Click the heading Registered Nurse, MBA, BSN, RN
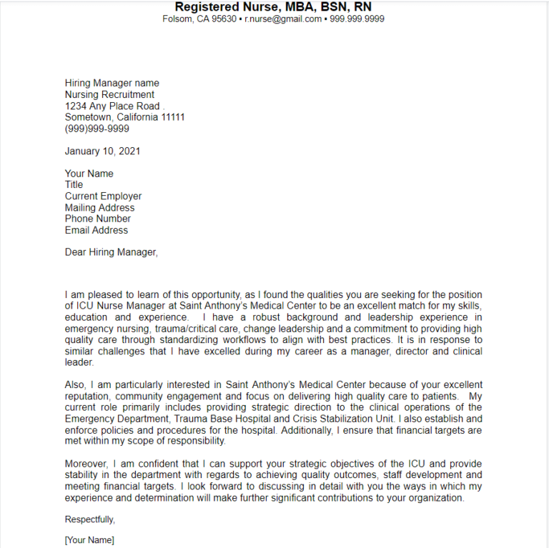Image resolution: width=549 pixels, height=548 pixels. [x=273, y=6]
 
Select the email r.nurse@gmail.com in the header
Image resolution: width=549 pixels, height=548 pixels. [x=283, y=19]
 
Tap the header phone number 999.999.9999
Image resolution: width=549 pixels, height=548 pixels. [x=357, y=19]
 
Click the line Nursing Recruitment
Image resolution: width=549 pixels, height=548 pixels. [x=109, y=94]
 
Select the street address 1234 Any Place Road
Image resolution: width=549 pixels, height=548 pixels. [x=112, y=106]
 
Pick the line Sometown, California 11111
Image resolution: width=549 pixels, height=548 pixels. [x=124, y=117]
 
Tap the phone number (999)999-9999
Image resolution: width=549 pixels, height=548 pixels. [x=97, y=129]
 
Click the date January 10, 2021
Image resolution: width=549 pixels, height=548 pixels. [x=102, y=151]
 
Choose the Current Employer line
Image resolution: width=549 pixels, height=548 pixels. [x=103, y=196]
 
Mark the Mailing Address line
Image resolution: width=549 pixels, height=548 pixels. [x=99, y=207]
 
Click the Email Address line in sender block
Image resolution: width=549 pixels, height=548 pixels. [x=97, y=230]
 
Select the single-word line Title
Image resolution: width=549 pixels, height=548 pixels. [x=74, y=184]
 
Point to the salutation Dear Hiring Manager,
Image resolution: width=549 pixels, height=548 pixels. [x=111, y=252]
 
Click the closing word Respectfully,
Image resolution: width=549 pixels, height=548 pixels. [x=90, y=519]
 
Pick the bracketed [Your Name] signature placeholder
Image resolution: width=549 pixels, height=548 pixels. [x=89, y=540]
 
